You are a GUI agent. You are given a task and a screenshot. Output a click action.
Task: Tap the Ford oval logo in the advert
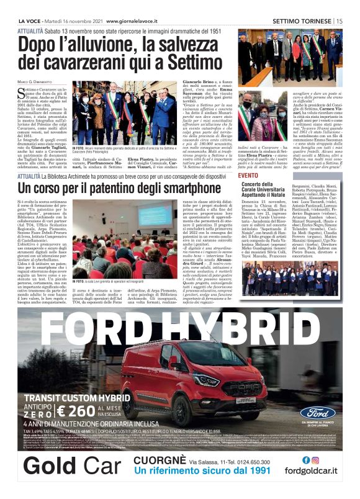318,413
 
